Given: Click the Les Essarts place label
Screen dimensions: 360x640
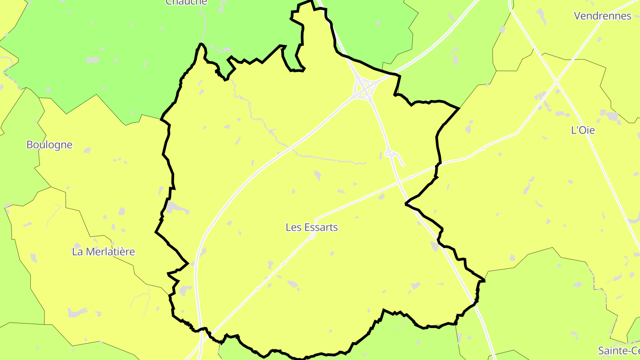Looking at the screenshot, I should [x=312, y=228].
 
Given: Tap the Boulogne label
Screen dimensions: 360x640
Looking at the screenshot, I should [x=49, y=145].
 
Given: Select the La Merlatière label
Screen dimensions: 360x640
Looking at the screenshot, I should [x=103, y=252].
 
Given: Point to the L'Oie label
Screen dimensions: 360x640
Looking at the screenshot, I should [x=583, y=131].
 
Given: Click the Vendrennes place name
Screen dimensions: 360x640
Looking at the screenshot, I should [x=602, y=16].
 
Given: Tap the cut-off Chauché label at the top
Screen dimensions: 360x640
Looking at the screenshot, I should [x=186, y=2].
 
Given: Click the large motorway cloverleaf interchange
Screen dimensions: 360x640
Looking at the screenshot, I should [x=364, y=88].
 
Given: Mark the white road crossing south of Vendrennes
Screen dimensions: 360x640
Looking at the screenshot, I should [x=556, y=81].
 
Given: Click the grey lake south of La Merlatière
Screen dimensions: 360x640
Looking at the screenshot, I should [x=77, y=313].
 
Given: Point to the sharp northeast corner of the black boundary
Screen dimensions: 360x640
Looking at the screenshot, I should [x=459, y=108].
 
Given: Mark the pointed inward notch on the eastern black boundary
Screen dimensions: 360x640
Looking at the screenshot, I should [x=406, y=204].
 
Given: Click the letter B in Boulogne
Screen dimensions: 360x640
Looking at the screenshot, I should [x=30, y=145].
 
